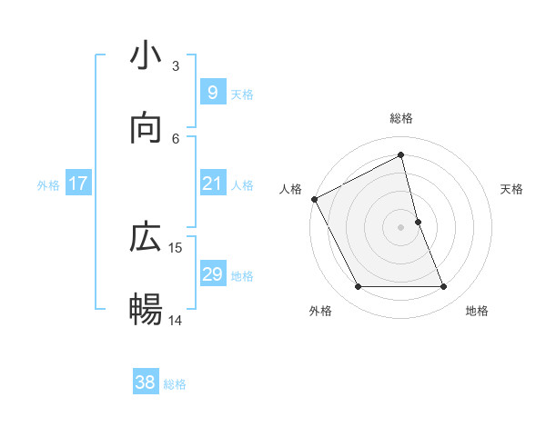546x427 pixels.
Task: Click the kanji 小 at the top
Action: (x=146, y=57)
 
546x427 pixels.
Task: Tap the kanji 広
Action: (x=146, y=238)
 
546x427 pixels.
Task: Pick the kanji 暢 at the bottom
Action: (x=146, y=310)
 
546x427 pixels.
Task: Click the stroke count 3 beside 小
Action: (x=176, y=66)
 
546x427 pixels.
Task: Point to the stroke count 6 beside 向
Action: (x=176, y=138)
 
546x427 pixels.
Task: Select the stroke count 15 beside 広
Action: (x=176, y=247)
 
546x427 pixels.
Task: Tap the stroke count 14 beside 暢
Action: (x=176, y=320)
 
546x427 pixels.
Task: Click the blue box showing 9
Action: (x=212, y=92)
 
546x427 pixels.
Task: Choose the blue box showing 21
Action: (x=212, y=184)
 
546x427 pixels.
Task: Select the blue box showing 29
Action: (x=212, y=274)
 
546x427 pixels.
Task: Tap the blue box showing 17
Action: (x=78, y=184)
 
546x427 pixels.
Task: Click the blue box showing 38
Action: (x=145, y=383)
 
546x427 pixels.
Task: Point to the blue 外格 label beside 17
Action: (x=48, y=185)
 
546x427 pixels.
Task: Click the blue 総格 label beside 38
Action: (x=175, y=385)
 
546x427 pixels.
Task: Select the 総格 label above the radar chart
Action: (x=401, y=119)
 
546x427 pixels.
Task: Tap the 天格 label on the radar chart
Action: (x=512, y=189)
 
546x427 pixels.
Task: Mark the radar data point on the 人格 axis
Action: (x=315, y=199)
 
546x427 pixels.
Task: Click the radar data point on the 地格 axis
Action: (x=444, y=287)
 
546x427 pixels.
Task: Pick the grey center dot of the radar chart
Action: (x=401, y=227)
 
